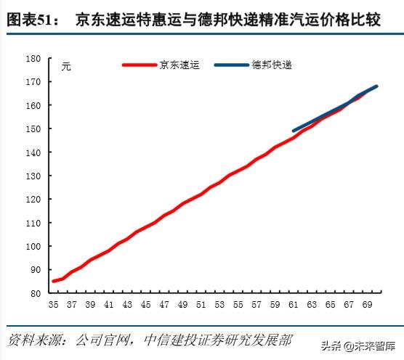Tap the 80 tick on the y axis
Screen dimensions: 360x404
click(x=35, y=292)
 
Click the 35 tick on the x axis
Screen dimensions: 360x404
click(x=52, y=306)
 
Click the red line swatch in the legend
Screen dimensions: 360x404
click(x=140, y=65)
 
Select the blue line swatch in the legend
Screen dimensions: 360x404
click(x=232, y=65)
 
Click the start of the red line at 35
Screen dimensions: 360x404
click(x=53, y=281)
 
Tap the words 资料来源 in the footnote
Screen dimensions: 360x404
click(x=33, y=340)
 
